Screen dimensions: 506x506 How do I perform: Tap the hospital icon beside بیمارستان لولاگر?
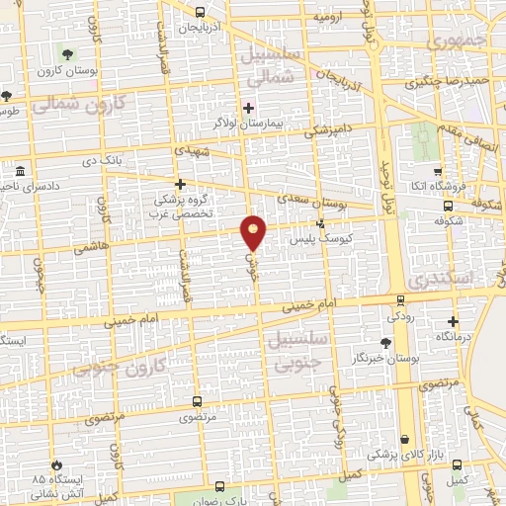[x=248, y=107]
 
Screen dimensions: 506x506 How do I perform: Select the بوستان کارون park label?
[x=67, y=71]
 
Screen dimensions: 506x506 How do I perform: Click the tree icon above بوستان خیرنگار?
[x=385, y=341]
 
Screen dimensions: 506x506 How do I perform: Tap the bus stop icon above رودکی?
[x=400, y=299]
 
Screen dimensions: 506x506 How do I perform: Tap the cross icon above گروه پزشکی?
[x=179, y=184]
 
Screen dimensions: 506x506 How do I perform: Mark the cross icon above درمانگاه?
[x=454, y=321]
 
